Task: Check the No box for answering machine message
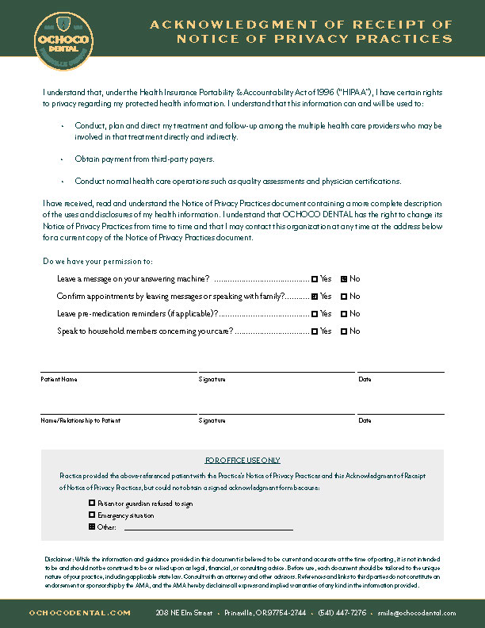344,279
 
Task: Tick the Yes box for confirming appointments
315,297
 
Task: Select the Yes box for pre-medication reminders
315,314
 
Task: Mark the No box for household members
344,331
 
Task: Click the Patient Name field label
59,380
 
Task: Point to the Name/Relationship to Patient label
81,420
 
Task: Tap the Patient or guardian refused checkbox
92,503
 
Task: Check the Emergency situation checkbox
92,515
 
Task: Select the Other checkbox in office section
92,527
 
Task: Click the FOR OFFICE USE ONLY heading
242,460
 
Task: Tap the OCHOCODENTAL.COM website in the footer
79,613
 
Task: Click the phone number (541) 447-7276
342,613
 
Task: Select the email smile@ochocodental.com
417,613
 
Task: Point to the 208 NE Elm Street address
184,613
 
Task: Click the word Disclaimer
58,558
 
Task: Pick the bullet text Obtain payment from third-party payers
144,159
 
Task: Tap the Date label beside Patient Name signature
365,380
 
